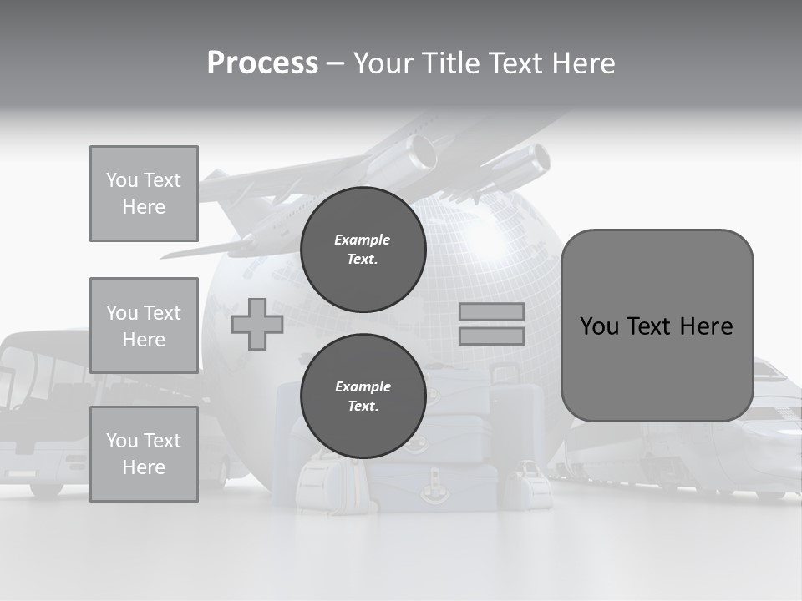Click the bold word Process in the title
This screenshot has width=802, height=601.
coord(262,63)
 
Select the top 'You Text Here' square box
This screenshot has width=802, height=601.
coord(144,194)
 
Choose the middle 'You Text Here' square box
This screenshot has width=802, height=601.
coord(144,326)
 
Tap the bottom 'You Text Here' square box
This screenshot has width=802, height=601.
coord(144,454)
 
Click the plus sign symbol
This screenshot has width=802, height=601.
coord(257,324)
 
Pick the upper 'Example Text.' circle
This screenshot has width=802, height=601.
coord(363,249)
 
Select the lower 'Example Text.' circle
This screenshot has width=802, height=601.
coord(363,396)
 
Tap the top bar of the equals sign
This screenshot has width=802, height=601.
coord(492,311)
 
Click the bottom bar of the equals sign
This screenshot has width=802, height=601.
coord(492,336)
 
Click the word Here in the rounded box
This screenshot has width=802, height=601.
coord(706,326)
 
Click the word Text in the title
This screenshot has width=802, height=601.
coord(514,63)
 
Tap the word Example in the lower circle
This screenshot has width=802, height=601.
coord(363,386)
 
